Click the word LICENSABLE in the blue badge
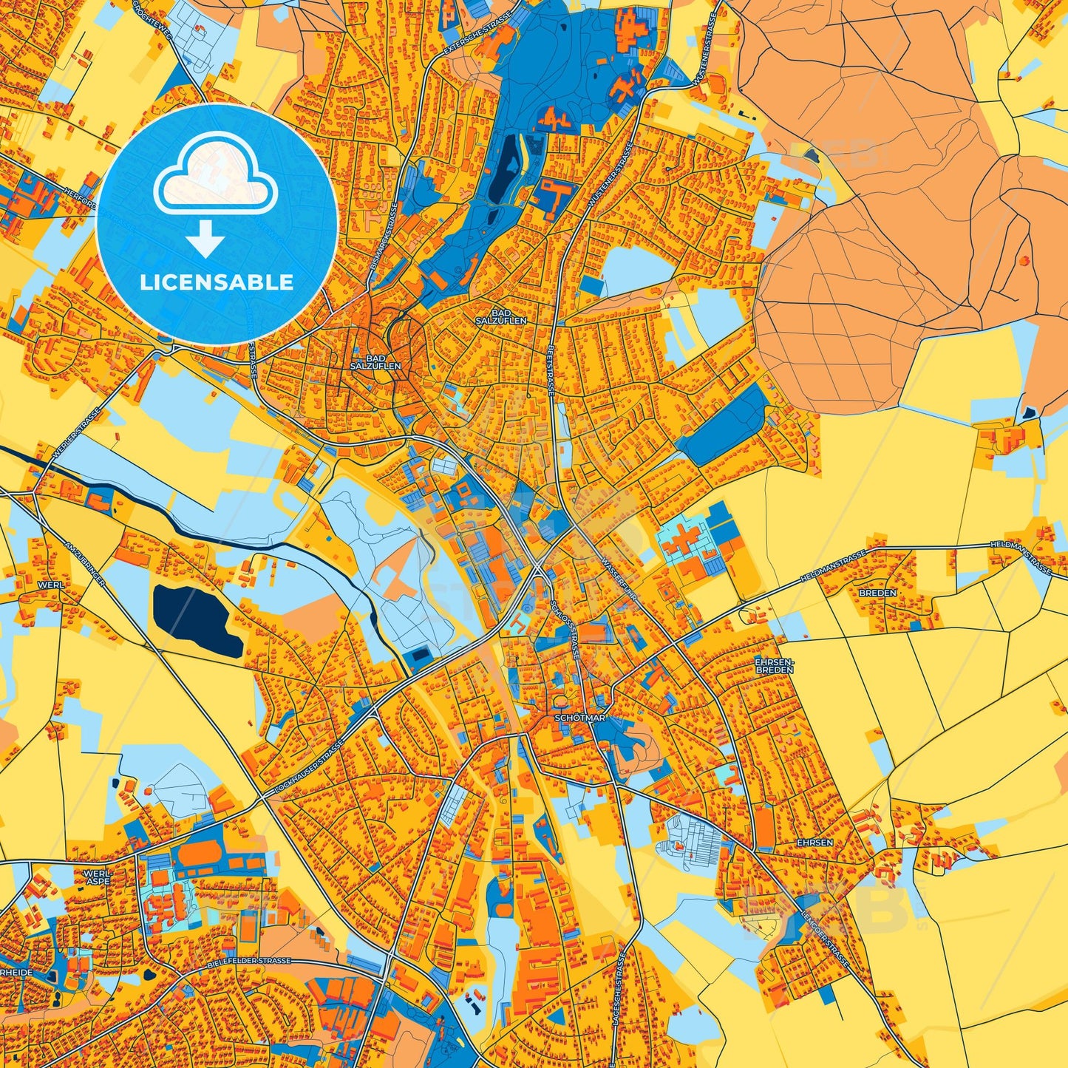[217, 282]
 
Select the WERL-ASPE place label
[98, 877]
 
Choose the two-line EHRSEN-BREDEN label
[774, 665]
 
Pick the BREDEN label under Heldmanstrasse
[877, 593]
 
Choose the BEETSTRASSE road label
[551, 370]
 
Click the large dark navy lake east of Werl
[197, 618]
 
